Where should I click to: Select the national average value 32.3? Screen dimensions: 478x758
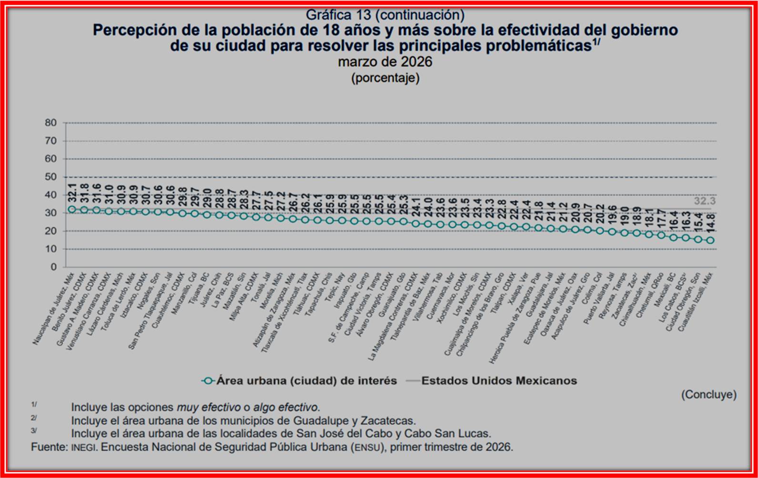704,201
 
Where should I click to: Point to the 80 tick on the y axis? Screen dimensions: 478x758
51,123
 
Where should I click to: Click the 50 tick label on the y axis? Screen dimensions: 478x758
51,177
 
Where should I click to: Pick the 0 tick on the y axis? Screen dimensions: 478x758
53,267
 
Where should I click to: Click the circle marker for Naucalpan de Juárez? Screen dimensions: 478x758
72,209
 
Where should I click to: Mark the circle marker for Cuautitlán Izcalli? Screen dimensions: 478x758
710,240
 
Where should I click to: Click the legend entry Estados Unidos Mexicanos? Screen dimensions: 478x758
499,380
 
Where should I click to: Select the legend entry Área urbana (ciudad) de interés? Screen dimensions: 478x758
306,380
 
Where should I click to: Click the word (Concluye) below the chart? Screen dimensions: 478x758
708,394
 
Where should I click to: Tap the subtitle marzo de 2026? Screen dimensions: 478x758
385,62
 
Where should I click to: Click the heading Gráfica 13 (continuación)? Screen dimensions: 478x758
385,15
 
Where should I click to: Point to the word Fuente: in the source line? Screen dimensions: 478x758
50,447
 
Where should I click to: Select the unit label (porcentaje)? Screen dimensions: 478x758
385,78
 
